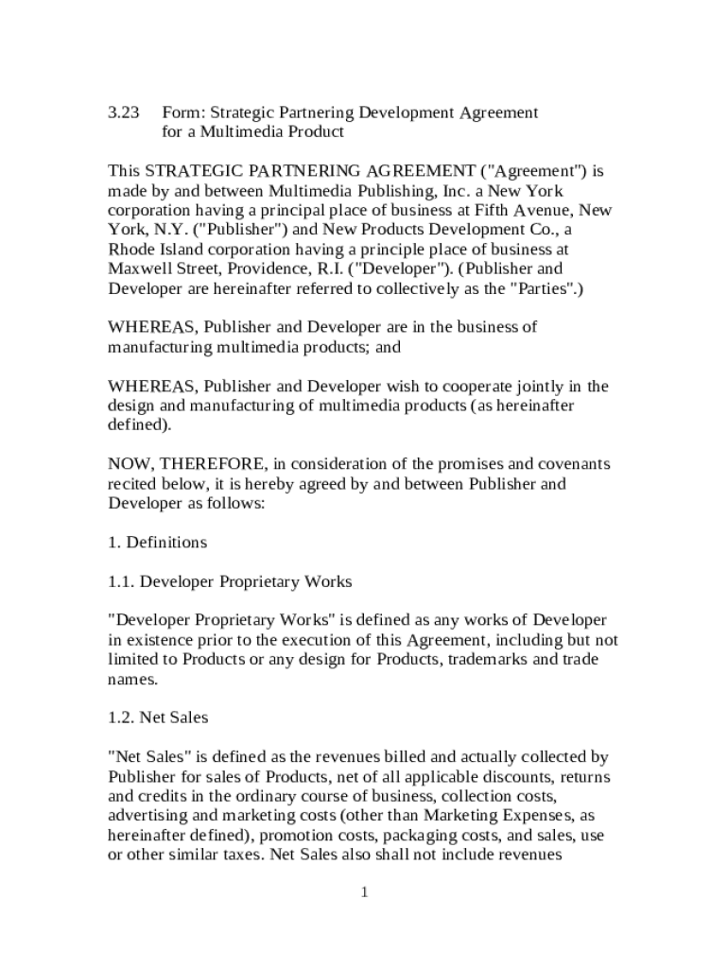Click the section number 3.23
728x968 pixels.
123,112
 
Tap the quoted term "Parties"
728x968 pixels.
544,288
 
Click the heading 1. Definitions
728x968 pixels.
157,543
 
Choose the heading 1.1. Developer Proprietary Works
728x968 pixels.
230,581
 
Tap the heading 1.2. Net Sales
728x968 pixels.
158,717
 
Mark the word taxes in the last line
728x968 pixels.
241,856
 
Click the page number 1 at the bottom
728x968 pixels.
363,893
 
